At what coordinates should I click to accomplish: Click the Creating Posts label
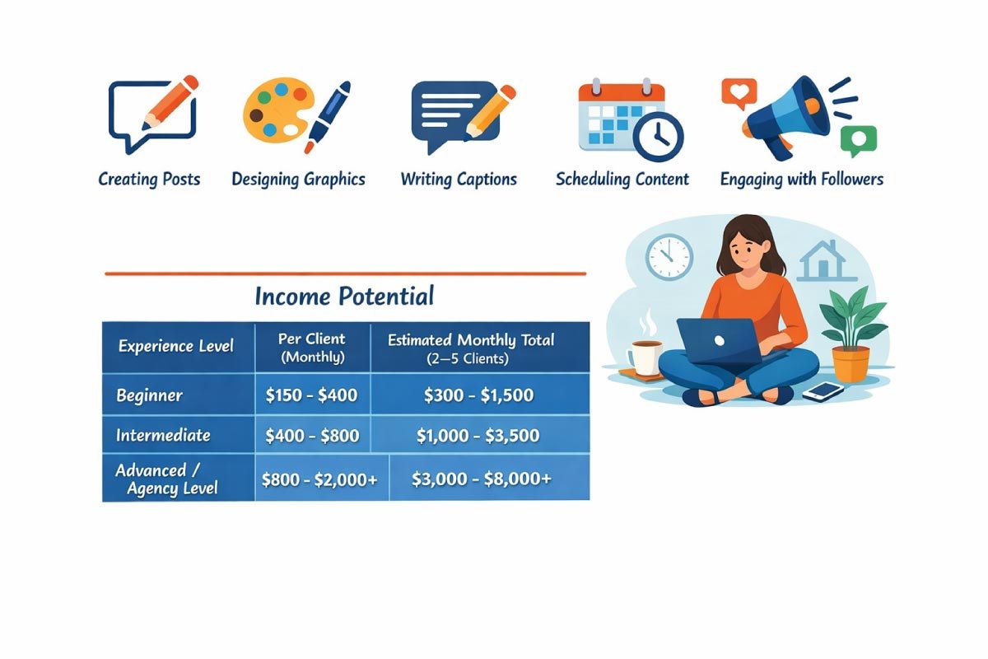click(149, 180)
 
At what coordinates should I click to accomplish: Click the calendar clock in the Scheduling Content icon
click(658, 136)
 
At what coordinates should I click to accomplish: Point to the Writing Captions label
click(459, 180)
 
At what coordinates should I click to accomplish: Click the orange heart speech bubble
click(739, 94)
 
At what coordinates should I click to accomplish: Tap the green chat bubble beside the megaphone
click(859, 141)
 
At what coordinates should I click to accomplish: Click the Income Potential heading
click(344, 296)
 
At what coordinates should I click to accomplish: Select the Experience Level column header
click(175, 346)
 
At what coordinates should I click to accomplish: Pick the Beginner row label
click(150, 395)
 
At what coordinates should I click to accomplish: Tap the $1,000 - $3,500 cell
click(478, 436)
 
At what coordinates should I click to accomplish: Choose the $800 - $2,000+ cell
click(319, 479)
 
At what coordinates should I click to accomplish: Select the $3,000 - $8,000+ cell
click(481, 479)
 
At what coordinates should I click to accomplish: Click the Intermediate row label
click(163, 436)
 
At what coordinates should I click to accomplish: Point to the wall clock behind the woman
click(669, 257)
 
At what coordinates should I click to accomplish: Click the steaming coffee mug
click(645, 355)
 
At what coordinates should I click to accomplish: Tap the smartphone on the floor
click(823, 391)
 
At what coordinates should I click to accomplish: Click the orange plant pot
click(851, 364)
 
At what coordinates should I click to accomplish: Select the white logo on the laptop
click(719, 341)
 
